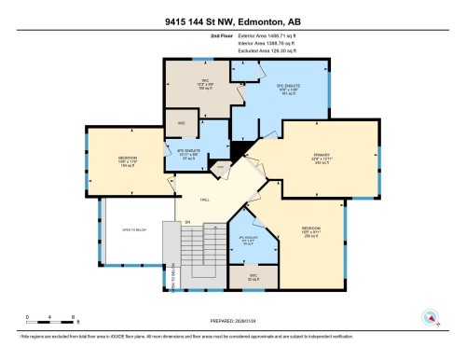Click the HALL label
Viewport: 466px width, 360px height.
(205, 199)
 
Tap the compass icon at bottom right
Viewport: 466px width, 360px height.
(430, 317)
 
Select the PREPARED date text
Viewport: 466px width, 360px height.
(232, 324)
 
